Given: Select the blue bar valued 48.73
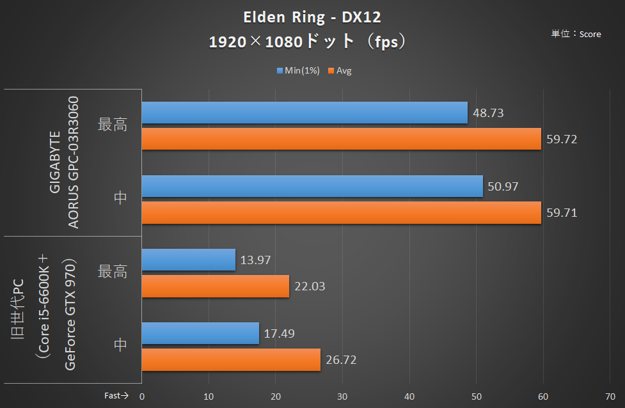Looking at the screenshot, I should click(x=305, y=113).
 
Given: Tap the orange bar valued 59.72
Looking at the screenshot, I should click(x=342, y=139).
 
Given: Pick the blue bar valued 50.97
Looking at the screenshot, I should click(x=312, y=186).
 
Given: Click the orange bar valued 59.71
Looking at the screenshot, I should click(x=342, y=212).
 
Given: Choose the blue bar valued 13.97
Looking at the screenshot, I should click(x=188, y=260).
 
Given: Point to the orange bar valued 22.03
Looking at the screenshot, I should click(x=215, y=286).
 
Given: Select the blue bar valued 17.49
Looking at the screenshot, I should click(x=200, y=333).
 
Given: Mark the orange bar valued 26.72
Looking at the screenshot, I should click(x=231, y=359).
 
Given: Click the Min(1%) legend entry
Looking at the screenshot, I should click(x=298, y=71).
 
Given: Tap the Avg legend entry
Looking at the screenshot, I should click(x=340, y=71).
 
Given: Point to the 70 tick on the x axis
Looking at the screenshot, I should click(x=610, y=396).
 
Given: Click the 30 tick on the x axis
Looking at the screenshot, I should click(x=342, y=396).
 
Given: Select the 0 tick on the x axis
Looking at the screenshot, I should click(x=142, y=396).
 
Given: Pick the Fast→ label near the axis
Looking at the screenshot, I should click(x=116, y=396).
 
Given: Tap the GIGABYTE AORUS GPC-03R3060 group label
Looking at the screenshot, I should click(x=65, y=162).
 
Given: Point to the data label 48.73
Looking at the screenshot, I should click(x=487, y=113).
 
